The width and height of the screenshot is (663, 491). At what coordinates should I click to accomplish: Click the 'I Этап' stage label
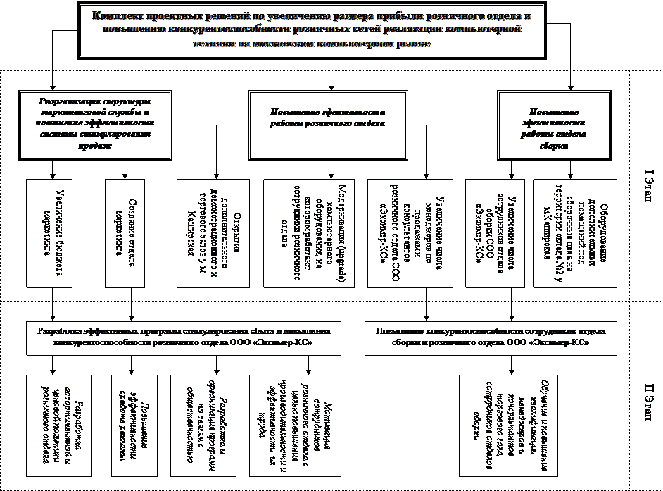click(x=648, y=186)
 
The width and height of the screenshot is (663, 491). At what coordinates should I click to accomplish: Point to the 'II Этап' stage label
click(x=648, y=402)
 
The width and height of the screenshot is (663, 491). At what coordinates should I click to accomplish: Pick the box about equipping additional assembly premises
click(x=575, y=233)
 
